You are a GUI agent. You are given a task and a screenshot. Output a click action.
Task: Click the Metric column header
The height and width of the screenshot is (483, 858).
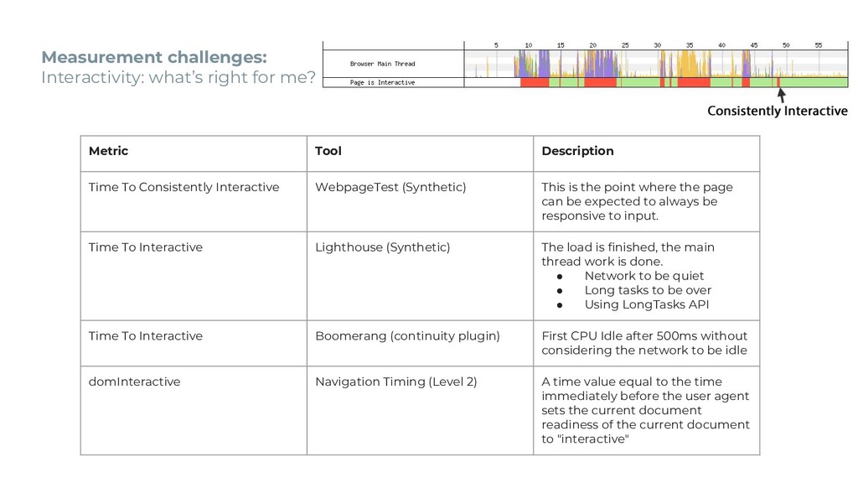[x=109, y=151]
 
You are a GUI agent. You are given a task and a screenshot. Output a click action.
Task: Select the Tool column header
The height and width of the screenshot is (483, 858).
[x=328, y=151]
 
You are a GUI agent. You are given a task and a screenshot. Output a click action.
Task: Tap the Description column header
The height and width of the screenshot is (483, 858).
[x=577, y=151]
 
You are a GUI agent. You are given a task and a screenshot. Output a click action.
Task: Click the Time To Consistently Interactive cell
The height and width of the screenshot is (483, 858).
[x=183, y=187]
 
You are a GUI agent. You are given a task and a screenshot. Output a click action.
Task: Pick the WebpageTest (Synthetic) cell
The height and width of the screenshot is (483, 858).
[x=390, y=187]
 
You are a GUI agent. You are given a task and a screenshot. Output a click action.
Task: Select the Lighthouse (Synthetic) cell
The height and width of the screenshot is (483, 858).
[x=382, y=247]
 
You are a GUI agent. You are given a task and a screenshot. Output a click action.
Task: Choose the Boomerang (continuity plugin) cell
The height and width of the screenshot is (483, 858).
[x=407, y=336]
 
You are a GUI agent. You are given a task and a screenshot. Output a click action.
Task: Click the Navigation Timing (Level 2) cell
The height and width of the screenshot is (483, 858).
[x=395, y=382]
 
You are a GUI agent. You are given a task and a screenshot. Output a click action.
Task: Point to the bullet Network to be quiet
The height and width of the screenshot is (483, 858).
[x=643, y=276]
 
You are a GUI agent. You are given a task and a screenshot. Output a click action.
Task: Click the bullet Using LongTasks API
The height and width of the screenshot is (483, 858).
[x=646, y=304]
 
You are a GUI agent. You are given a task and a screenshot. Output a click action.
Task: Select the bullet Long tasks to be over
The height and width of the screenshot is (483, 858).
[x=648, y=290]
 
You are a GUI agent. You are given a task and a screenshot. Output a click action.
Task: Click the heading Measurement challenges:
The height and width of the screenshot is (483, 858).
[x=154, y=58]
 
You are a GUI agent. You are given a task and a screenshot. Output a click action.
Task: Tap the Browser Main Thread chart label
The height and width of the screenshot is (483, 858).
[x=382, y=64]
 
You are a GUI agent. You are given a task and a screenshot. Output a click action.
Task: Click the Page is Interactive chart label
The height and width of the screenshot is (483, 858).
[x=382, y=82]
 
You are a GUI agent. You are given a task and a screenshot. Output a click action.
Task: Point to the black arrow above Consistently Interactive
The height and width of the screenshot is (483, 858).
[x=782, y=96]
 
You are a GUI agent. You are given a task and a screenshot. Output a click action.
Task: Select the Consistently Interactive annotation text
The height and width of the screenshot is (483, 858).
[x=777, y=112]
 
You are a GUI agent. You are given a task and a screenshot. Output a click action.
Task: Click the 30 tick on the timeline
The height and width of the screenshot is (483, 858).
[x=657, y=45]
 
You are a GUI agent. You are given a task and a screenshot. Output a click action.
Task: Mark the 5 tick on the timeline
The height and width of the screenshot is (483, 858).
[x=496, y=45]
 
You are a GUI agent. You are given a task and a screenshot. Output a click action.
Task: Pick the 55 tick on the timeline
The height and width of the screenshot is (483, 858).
[x=819, y=45]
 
